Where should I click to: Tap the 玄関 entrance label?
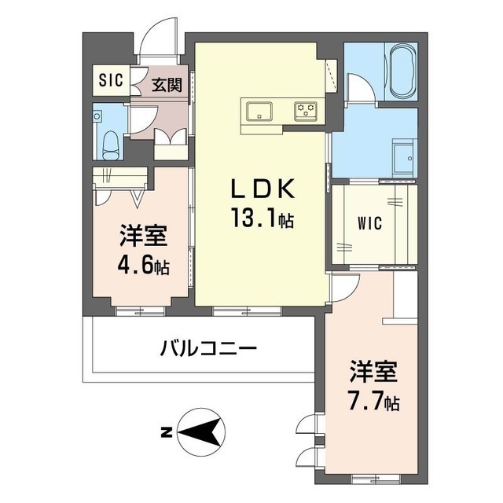click(x=167, y=84)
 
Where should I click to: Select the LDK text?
click(x=262, y=189)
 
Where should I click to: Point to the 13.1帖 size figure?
click(x=262, y=218)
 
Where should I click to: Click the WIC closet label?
click(x=370, y=223)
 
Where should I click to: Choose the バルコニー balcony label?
click(x=210, y=347)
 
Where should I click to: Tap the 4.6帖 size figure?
click(x=144, y=265)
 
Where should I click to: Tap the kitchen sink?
click(x=259, y=111)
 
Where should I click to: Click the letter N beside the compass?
click(x=166, y=431)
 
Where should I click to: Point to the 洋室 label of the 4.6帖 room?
click(x=144, y=235)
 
